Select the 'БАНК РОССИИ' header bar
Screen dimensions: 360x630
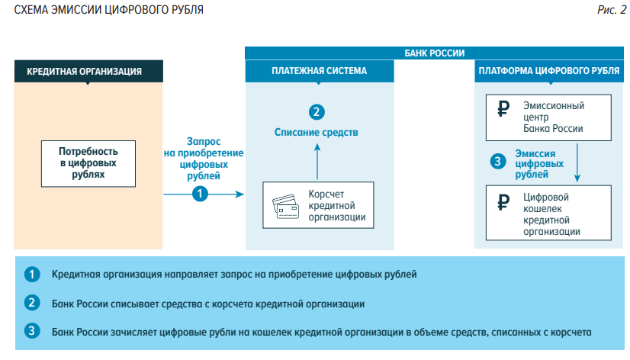coord(434,53)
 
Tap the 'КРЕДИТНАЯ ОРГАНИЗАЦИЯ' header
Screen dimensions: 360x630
coord(88,72)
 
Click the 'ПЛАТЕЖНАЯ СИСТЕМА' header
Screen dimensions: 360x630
coord(320,71)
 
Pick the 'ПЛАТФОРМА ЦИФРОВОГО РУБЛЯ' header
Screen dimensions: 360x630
coord(548,71)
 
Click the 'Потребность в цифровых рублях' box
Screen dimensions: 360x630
coord(88,163)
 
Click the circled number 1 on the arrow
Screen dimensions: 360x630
coord(200,194)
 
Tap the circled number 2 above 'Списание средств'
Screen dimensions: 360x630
coord(316,112)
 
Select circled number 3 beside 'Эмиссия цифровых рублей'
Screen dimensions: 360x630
coord(498,162)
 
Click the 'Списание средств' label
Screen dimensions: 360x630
coord(316,132)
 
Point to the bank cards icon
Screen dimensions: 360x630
coord(285,205)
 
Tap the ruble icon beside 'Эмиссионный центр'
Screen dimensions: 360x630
coord(503,108)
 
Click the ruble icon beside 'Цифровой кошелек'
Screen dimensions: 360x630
coord(503,202)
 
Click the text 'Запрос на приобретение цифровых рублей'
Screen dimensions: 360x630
coord(204,158)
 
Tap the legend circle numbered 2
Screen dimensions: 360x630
coord(31,303)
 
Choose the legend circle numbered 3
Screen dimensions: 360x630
coord(31,332)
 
